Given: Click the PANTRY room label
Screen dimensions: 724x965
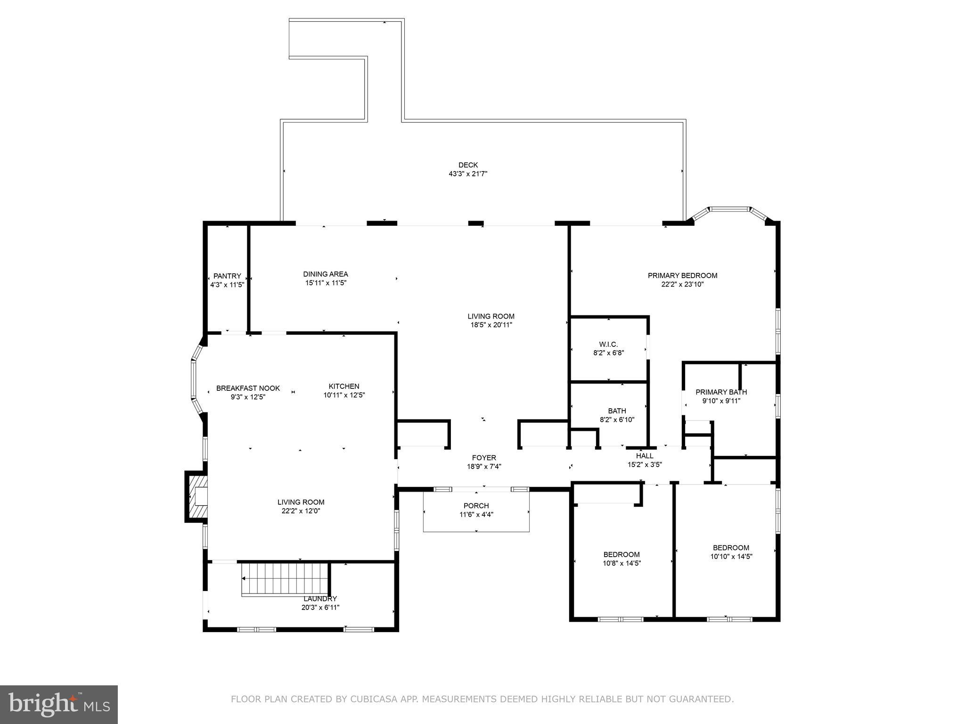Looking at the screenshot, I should pos(227,276).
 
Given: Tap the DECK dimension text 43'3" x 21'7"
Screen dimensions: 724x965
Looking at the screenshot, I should pos(467,173).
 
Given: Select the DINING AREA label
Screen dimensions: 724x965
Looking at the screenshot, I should pos(325,274).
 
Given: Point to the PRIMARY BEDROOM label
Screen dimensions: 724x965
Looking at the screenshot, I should pos(682,275).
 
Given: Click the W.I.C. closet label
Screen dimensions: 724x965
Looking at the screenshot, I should pos(608,344).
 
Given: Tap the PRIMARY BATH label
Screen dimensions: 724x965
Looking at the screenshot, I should pos(721,392).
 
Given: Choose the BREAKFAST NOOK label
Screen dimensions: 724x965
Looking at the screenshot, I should pos(248,388).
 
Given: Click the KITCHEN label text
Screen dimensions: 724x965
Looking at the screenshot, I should pos(344,386).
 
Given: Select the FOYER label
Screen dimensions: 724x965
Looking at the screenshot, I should pos(484,458).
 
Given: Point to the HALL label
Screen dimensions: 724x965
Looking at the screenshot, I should pos(645,456).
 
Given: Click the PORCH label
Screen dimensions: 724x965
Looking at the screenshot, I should pos(476,506).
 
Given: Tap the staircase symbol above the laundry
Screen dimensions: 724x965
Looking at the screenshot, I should pos(285,579).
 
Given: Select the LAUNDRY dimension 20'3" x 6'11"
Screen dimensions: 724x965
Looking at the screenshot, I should pos(320,608).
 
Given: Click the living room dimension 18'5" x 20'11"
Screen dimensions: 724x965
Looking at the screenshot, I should pos(491,325).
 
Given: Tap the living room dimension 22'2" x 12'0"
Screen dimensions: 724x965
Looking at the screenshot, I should pos(301,510).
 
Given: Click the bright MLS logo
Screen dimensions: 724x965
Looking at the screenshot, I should pos(59,704).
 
